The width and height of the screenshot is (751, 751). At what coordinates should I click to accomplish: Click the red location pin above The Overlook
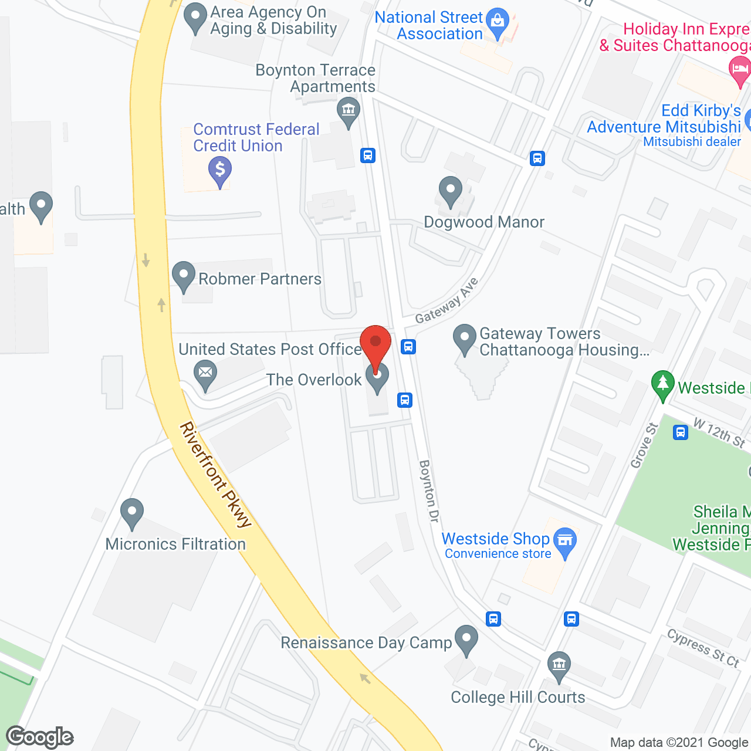[x=375, y=343]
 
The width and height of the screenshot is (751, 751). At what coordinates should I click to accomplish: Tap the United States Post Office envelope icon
[x=205, y=373]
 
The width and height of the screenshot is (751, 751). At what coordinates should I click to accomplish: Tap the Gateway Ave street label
[x=447, y=301]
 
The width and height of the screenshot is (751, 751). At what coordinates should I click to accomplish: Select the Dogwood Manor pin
[x=451, y=190]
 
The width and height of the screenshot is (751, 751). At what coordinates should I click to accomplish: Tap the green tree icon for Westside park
[x=663, y=384]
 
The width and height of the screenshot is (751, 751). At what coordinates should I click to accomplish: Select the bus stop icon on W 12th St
[x=681, y=433]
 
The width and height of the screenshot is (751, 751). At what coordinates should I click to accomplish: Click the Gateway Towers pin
[x=465, y=339]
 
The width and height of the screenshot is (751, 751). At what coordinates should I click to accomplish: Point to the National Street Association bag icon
[x=498, y=22]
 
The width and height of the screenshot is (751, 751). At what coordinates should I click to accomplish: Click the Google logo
[x=40, y=737]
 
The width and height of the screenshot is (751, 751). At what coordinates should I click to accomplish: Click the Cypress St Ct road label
[x=703, y=648]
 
